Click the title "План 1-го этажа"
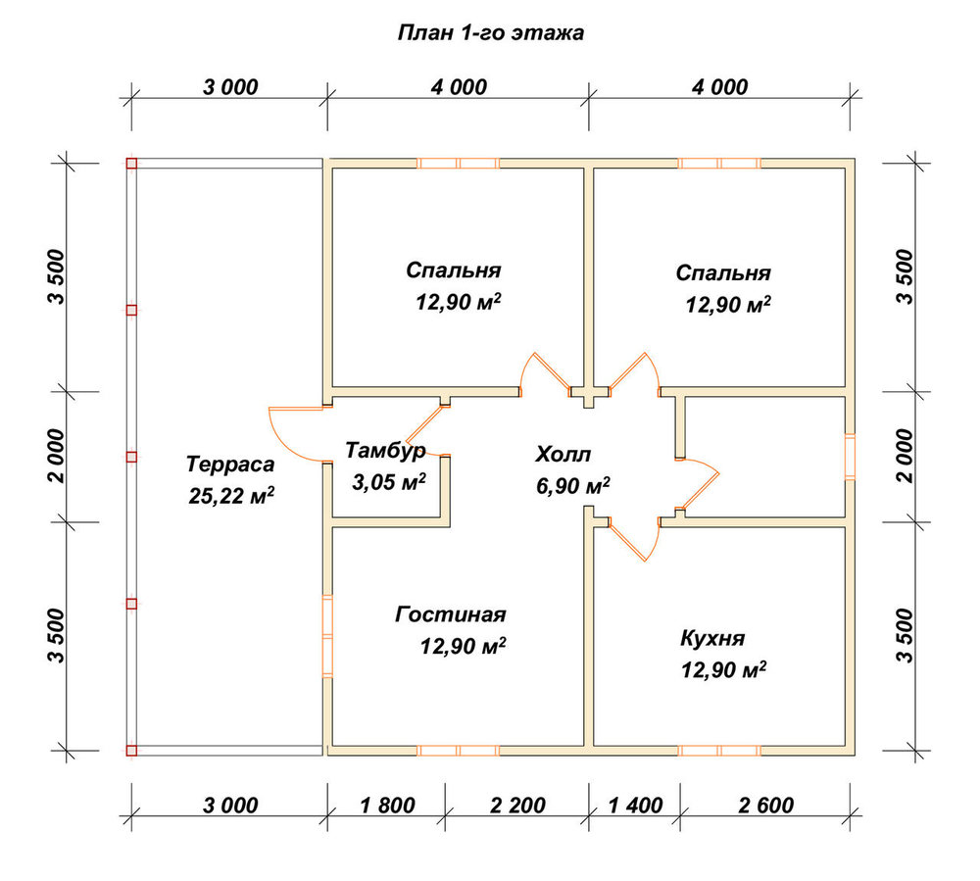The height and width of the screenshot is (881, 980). tap(491, 32)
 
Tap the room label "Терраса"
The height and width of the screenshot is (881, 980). tap(230, 465)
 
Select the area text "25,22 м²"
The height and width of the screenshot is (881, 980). tap(231, 496)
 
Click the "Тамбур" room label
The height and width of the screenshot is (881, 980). tap(385, 451)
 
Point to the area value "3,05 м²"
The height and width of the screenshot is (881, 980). tap(389, 482)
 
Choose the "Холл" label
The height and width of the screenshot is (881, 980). tap(563, 455)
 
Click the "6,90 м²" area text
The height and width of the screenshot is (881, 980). tap(573, 485)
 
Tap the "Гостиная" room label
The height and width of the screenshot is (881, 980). tap(451, 614)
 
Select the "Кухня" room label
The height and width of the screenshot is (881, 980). tap(712, 638)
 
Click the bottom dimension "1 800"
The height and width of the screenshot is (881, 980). tap(387, 806)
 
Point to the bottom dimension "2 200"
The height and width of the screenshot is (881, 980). tap(518, 806)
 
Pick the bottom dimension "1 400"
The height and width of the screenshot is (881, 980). tap(635, 806)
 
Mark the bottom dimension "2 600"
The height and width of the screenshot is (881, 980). tap(765, 806)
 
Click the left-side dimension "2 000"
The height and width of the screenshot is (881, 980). tap(57, 456)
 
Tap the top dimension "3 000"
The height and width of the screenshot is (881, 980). tap(230, 87)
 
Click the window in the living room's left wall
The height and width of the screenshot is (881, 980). tap(327, 636)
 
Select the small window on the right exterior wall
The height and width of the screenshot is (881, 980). tap(850, 457)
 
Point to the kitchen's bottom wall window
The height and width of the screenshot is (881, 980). tap(719, 751)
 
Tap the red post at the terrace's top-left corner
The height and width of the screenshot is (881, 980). tap(131, 164)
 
